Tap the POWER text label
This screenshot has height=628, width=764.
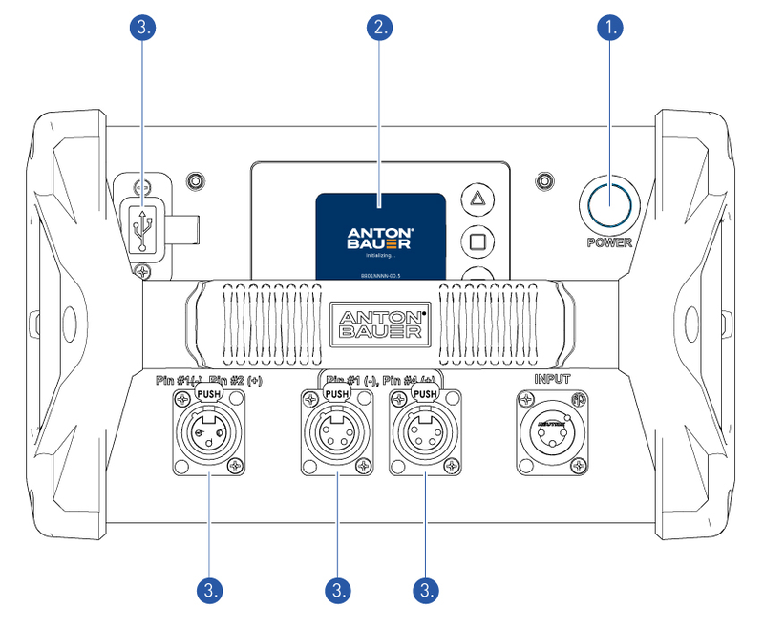[609, 242]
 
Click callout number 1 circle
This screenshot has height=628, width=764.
[609, 27]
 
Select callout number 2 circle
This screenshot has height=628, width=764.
[380, 27]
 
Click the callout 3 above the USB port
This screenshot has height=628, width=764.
[143, 27]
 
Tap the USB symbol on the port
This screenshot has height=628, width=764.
[143, 230]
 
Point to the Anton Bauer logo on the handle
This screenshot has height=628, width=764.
[379, 322]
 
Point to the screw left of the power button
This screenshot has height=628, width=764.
[544, 179]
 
